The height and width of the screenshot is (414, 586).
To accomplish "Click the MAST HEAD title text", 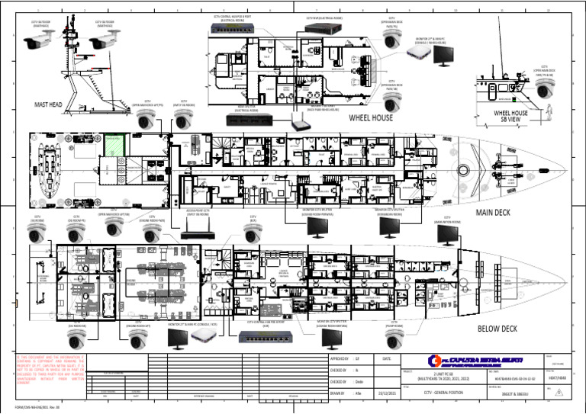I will coord(53,105).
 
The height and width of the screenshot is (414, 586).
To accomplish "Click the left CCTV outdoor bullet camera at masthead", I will coord(40,43).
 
